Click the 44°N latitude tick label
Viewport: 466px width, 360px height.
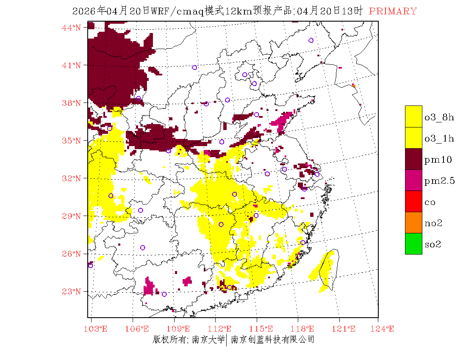click(72, 28)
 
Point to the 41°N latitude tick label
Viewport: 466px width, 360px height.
click(72, 65)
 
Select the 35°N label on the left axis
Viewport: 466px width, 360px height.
click(72, 141)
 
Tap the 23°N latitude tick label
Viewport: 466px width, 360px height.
click(72, 291)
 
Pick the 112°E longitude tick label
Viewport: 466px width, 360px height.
click(222, 329)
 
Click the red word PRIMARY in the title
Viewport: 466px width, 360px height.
click(393, 11)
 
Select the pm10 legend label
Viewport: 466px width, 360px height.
click(438, 160)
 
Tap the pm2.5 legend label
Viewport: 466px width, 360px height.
click(440, 181)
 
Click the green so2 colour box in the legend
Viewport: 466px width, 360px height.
click(413, 244)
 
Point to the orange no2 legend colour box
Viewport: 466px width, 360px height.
click(413, 222)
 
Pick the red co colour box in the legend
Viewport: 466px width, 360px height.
click(413, 201)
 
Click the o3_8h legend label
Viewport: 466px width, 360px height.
click(439, 117)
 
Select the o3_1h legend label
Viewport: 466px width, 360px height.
click(439, 138)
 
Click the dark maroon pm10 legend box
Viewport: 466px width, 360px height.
click(413, 159)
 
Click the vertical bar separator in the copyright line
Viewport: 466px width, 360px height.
click(227, 340)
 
